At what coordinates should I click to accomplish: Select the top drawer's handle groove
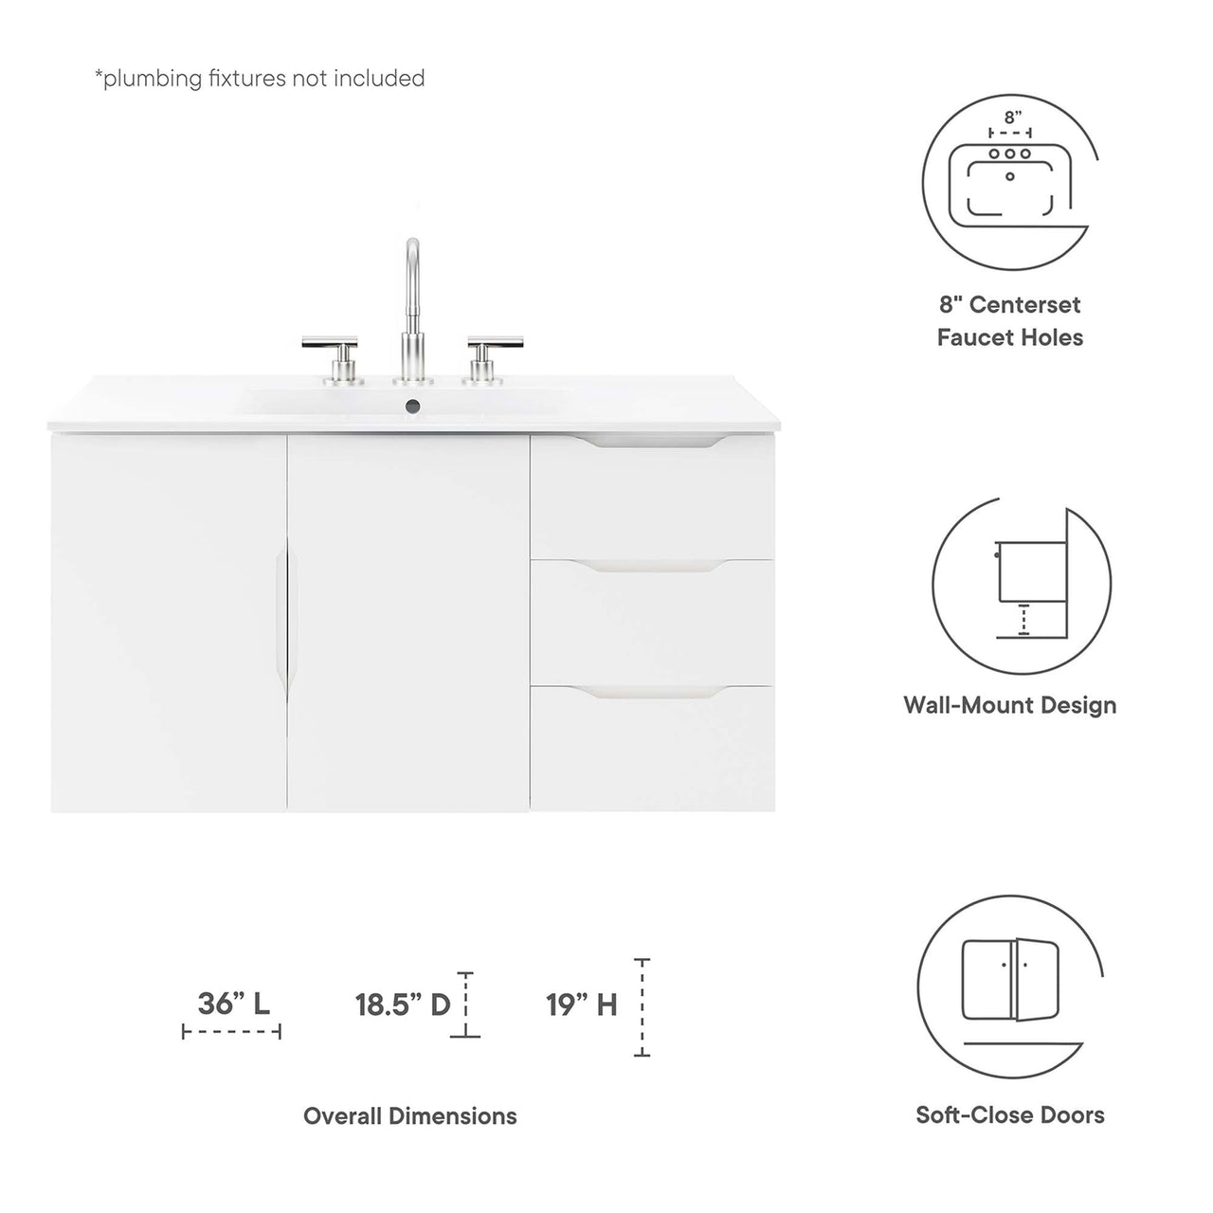point(651,442)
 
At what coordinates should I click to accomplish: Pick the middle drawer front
point(651,625)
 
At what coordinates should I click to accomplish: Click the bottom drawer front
point(651,753)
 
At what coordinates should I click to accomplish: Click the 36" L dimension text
point(233,1004)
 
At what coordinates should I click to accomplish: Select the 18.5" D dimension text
point(402,1005)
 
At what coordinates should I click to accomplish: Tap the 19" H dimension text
point(581,1005)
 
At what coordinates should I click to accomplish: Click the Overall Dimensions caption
point(409,1116)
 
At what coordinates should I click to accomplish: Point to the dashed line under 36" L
point(231,1032)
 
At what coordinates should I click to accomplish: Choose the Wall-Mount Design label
point(1009,705)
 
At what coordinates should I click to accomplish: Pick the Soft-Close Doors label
point(1009,1115)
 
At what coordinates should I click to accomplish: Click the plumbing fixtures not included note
point(259,79)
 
